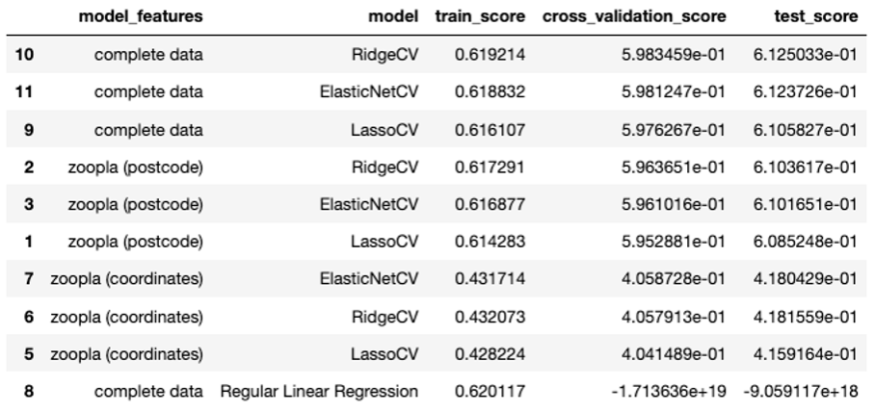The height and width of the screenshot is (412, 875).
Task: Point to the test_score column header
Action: point(815,18)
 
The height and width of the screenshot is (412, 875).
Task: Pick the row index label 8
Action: point(28,391)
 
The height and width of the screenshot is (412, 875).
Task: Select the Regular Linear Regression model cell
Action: point(320,391)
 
